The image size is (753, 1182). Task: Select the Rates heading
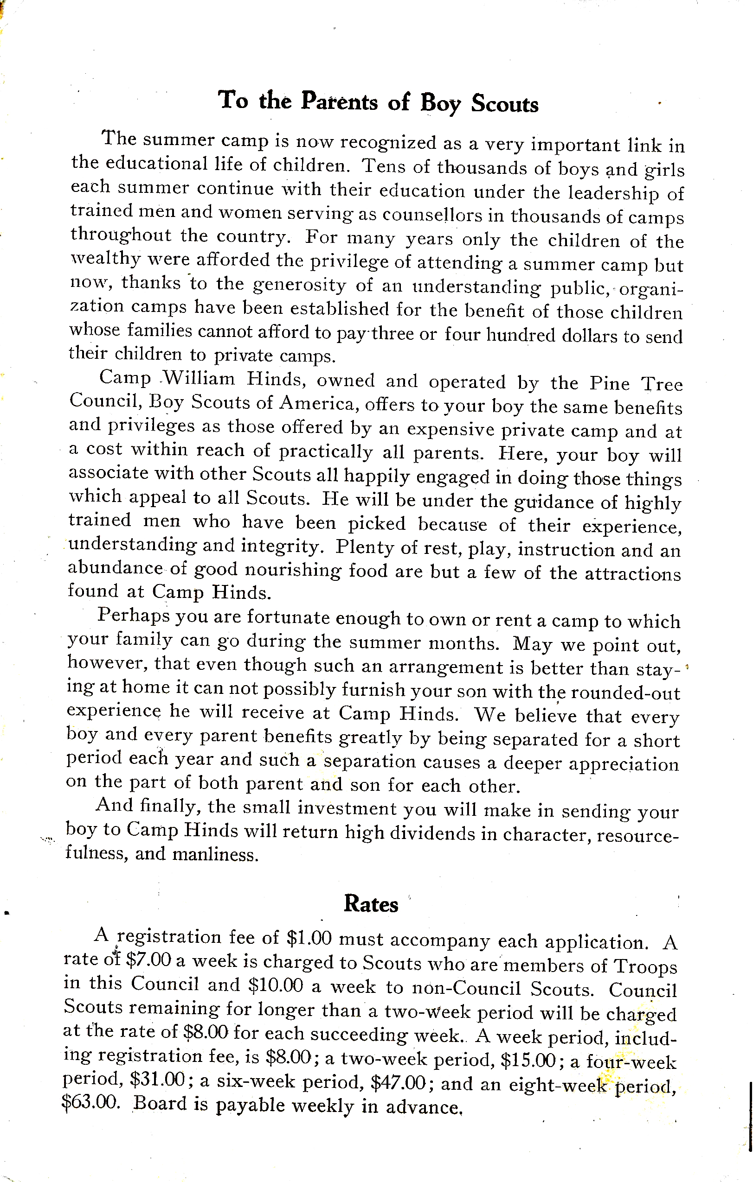(x=371, y=904)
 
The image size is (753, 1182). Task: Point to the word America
(x=316, y=403)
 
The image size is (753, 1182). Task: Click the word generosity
(x=299, y=285)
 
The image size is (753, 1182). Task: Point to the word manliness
(x=216, y=855)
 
